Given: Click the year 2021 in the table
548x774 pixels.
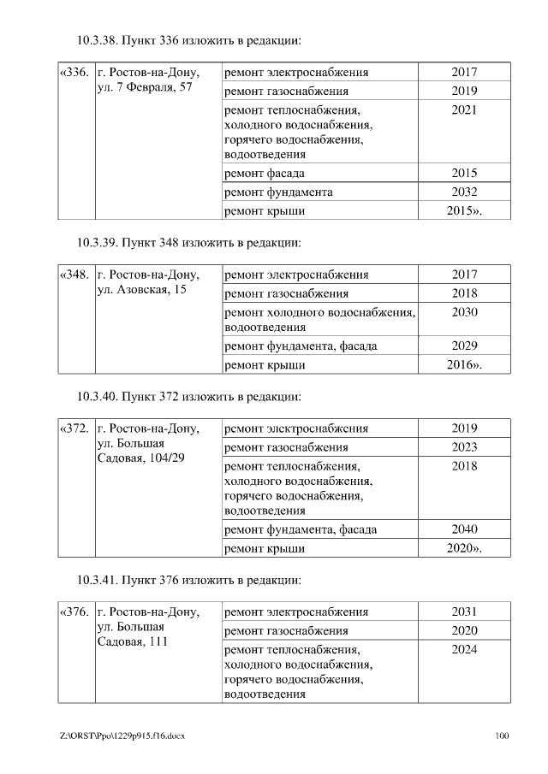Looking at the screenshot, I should pos(464,110).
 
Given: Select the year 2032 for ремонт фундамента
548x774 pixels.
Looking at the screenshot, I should pos(464,192).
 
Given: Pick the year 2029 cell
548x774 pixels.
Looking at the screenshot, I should pos(464,346).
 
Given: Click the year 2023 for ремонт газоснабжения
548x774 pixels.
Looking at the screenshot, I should pos(464,447).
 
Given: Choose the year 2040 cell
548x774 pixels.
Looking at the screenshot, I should pos(464,529).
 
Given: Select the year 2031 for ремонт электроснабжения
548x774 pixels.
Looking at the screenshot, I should pos(464,612).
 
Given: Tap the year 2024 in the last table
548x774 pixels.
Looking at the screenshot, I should pos(464,650).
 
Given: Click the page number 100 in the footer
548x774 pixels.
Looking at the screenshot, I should pos(502,736).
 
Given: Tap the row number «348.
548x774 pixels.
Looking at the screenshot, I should pos(74,275).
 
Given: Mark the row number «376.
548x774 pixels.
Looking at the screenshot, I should pos(74,612).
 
